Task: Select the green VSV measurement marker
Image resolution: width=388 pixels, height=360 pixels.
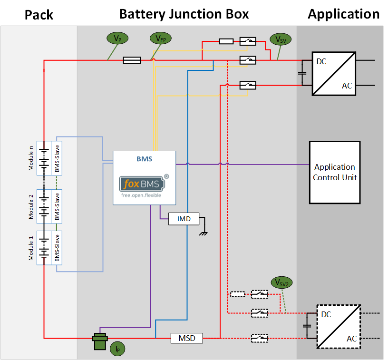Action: (280, 39)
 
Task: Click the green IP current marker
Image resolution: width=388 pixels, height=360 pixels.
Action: (117, 349)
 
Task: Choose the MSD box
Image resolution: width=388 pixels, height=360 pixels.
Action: (186, 338)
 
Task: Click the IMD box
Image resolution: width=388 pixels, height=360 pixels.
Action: (184, 219)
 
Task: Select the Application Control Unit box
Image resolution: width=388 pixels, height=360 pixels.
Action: (335, 172)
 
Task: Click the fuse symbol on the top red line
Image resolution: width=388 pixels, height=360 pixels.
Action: (132, 60)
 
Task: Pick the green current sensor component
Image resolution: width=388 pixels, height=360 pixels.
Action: (100, 341)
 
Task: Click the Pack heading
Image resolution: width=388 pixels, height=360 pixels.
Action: (39, 15)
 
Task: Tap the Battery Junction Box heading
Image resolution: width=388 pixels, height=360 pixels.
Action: (184, 14)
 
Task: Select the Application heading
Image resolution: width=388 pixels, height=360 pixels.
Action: (343, 14)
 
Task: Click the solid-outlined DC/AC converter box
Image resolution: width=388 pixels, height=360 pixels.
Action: (334, 73)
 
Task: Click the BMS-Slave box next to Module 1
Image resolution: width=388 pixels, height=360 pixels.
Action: (57, 248)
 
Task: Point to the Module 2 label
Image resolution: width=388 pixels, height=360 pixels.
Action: (31, 206)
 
